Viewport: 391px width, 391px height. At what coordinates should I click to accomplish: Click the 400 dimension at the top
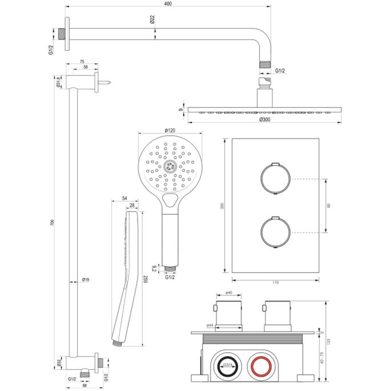(x=166, y=4)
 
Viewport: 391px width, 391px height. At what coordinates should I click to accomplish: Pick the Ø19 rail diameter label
(x=84, y=280)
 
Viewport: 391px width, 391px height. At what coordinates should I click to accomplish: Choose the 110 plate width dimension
(x=275, y=282)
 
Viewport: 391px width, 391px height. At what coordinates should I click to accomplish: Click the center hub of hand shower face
(x=168, y=166)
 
